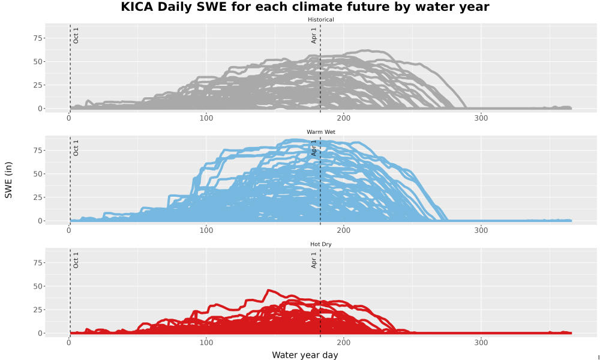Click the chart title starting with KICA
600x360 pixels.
pos(305,7)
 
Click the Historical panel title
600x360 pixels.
pos(320,20)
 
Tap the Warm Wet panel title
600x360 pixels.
pos(320,132)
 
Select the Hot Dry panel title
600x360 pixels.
pos(320,244)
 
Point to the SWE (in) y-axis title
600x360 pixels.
pos(8,180)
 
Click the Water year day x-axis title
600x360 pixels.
pos(305,355)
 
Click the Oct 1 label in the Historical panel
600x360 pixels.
pos(76,35)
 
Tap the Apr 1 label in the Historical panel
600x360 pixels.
pos(314,35)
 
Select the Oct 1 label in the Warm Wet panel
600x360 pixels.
pos(76,148)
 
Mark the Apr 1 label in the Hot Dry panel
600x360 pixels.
pos(314,260)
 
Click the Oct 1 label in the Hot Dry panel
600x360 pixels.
pos(76,260)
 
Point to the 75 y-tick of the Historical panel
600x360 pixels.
pos(38,38)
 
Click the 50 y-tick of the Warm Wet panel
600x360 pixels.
pos(38,174)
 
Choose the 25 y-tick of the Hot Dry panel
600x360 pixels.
pos(38,310)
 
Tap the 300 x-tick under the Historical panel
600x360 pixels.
pos(481,118)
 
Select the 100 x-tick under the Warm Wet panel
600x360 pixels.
pos(206,230)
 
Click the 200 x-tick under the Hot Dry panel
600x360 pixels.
pos(344,343)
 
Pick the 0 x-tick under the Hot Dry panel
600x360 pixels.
pos(69,343)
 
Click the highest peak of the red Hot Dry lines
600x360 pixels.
pos(268,290)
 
